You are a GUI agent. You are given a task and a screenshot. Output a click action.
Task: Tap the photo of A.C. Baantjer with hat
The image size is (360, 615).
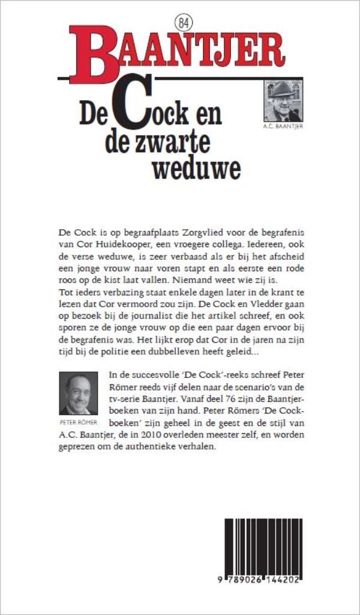tap(283, 100)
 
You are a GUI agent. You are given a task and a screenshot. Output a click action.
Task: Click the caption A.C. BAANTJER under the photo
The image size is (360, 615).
tap(283, 127)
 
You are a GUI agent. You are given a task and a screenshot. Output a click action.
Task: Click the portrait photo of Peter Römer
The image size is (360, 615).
tap(78, 394)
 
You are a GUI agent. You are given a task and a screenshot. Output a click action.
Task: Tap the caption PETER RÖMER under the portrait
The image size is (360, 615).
tap(78, 421)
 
